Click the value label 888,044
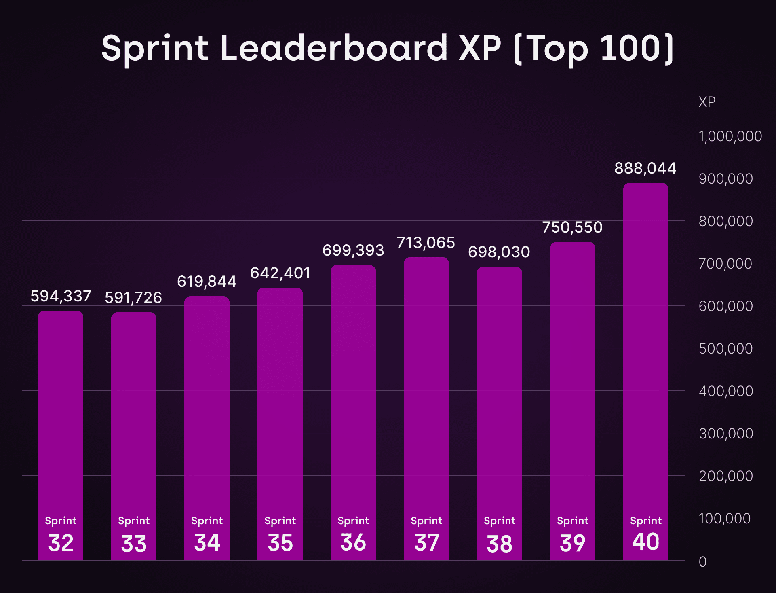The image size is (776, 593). (645, 168)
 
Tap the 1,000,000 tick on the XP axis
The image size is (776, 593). (730, 136)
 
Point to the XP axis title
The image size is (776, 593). (707, 102)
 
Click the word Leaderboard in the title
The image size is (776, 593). (334, 49)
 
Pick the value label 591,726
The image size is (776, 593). (133, 298)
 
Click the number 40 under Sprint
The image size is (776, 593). (645, 542)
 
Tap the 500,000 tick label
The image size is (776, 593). (725, 349)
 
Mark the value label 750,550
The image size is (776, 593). (572, 227)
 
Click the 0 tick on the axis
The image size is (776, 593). (703, 562)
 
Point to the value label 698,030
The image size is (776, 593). (499, 252)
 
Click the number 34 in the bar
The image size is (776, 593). (207, 542)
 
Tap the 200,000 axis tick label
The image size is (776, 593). (725, 476)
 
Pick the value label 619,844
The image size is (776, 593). (207, 282)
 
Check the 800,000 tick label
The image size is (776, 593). (725, 221)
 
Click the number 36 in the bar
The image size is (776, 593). (353, 542)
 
